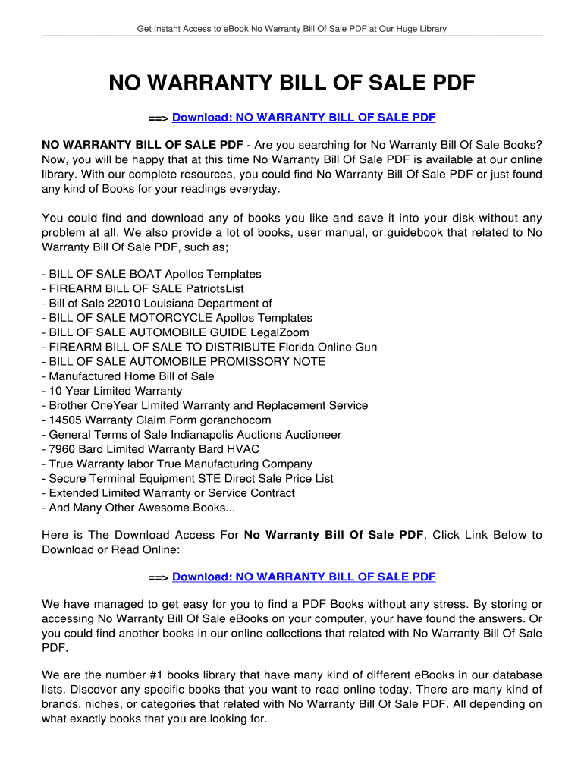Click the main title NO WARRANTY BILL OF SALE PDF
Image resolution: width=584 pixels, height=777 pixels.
click(292, 83)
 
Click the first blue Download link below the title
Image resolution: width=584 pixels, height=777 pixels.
click(303, 118)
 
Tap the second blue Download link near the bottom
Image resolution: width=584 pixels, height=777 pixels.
click(303, 577)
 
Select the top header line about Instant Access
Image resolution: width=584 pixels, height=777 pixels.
click(292, 29)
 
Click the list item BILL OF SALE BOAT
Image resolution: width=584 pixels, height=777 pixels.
click(152, 274)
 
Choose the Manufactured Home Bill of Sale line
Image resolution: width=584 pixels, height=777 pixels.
click(128, 376)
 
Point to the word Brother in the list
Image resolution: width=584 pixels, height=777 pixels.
click(68, 405)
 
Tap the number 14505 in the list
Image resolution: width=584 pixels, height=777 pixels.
click(65, 420)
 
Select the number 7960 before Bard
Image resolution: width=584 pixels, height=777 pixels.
click(62, 449)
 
